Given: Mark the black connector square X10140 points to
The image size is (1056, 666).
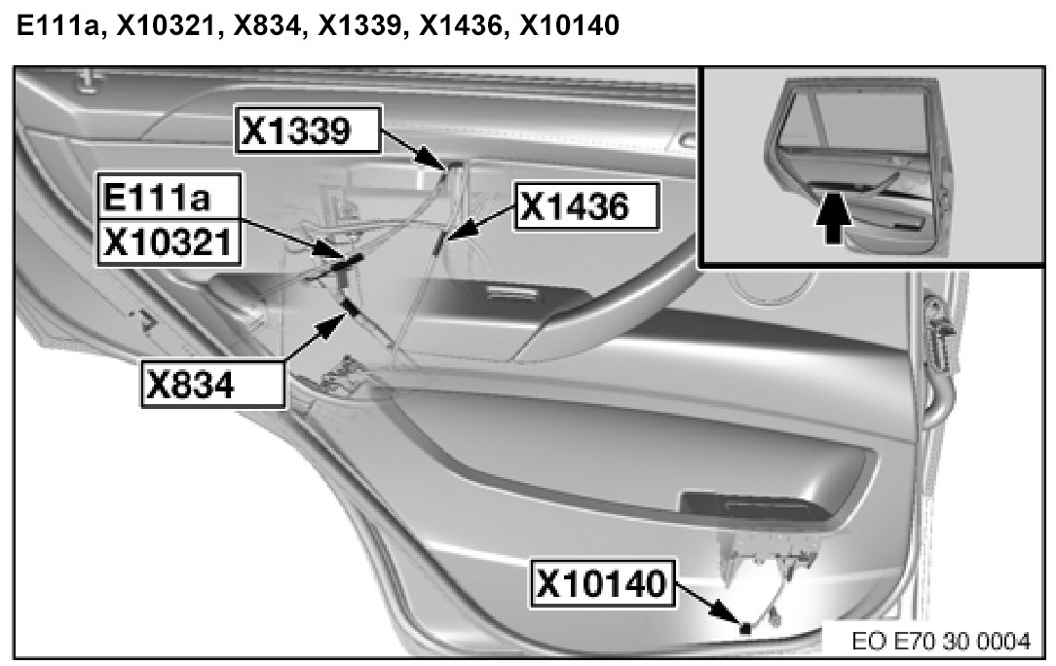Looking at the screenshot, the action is [x=745, y=628].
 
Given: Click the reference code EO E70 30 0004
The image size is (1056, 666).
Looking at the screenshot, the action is [x=939, y=643].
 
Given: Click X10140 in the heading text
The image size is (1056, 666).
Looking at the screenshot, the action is [x=570, y=27].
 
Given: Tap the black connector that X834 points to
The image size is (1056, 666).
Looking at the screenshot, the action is [x=348, y=310].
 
